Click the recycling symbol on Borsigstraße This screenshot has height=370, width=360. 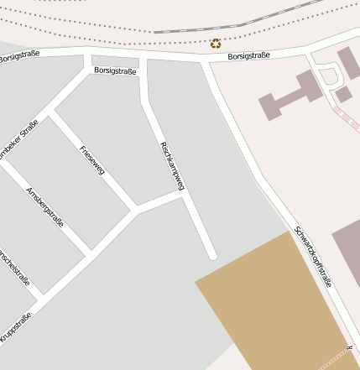pyautogui.click(x=216, y=43)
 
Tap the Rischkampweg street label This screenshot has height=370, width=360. pyautogui.click(x=171, y=171)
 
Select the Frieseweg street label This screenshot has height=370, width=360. pyautogui.click(x=91, y=160)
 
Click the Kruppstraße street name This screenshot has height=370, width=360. pyautogui.click(x=16, y=328)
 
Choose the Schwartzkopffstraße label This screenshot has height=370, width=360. pyautogui.click(x=313, y=257)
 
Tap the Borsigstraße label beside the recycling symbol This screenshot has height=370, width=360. pyautogui.click(x=249, y=56)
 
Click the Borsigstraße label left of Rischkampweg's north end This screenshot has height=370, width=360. pyautogui.click(x=115, y=70)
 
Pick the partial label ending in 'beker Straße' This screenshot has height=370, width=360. pyautogui.click(x=18, y=142)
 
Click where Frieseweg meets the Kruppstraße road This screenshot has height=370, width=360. pyautogui.click(x=135, y=208)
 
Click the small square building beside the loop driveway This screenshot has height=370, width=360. pyautogui.click(x=342, y=93)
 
